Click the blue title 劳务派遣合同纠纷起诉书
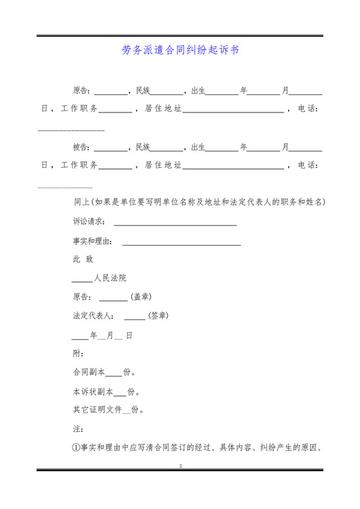[x=180, y=50]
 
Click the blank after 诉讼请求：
[x=175, y=223]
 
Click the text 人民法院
[x=110, y=278]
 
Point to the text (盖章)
[x=141, y=297]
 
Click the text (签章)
[x=158, y=316]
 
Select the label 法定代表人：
[x=94, y=316]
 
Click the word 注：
[x=78, y=428]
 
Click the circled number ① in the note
[x=76, y=448]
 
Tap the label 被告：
[x=82, y=147]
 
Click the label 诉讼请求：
[x=89, y=222]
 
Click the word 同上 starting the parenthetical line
[x=82, y=202]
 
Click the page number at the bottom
[x=181, y=465]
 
